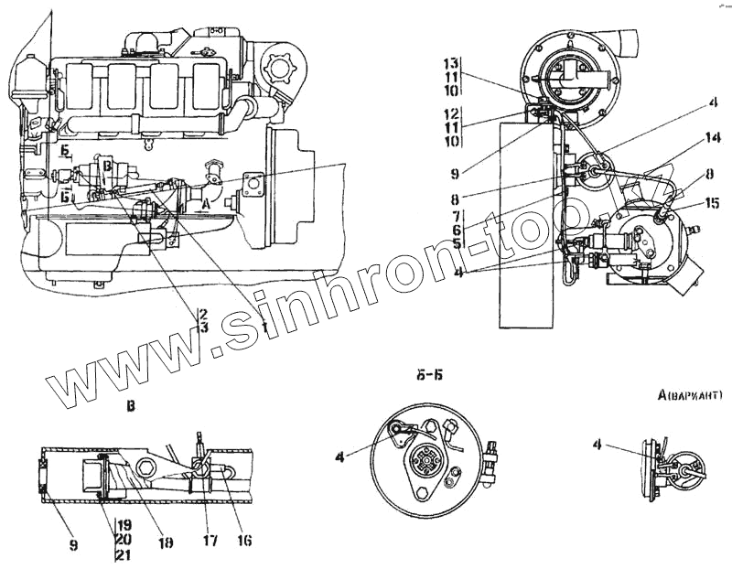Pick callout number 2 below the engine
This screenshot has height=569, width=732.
[203, 314]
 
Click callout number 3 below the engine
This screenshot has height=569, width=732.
[203, 327]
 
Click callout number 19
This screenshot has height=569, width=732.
[125, 525]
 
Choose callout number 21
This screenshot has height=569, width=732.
[125, 553]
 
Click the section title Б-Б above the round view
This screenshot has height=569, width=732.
[422, 372]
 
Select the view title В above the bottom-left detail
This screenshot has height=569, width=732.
[132, 406]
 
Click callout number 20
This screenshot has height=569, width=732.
[125, 539]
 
